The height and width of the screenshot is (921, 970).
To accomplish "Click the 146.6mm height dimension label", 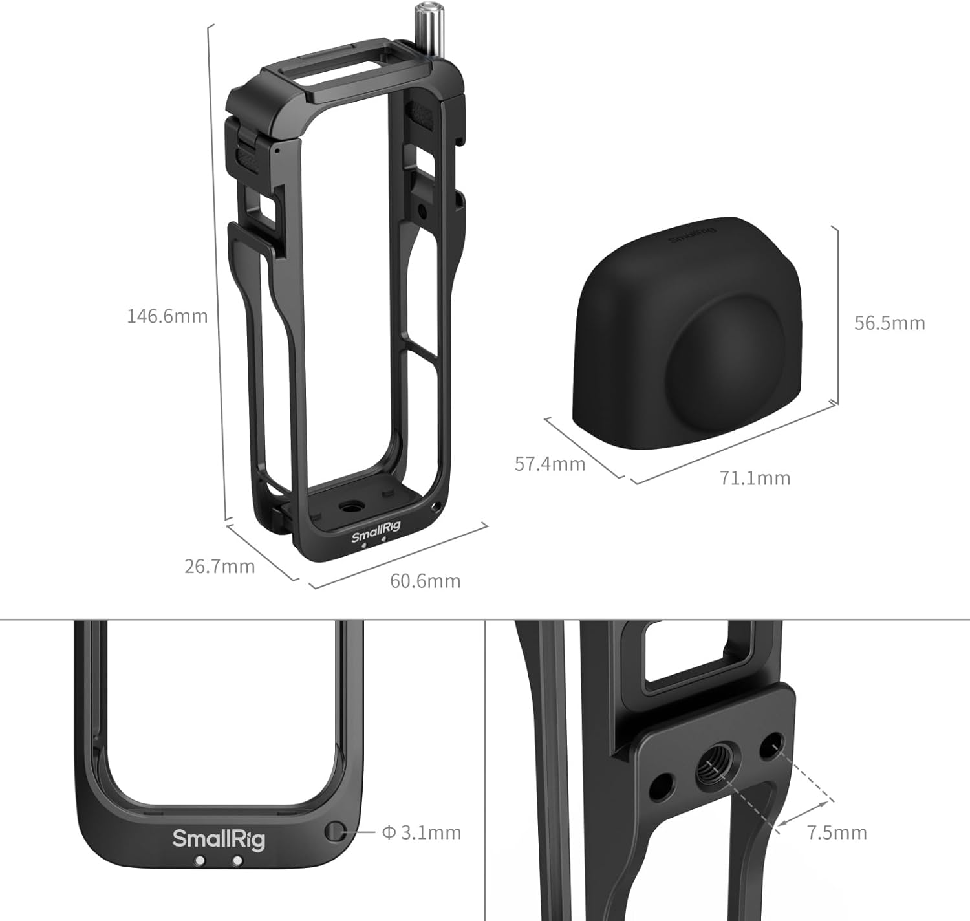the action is pyautogui.click(x=167, y=316).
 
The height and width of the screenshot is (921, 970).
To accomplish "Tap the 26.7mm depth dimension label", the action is pyautogui.click(x=220, y=567).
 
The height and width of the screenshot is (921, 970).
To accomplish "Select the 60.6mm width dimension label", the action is pyautogui.click(x=426, y=581).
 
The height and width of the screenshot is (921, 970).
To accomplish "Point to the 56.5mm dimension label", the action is pyautogui.click(x=890, y=323).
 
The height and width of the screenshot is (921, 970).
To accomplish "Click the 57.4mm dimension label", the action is pyautogui.click(x=550, y=464).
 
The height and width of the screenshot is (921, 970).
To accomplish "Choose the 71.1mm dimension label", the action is pyautogui.click(x=755, y=478).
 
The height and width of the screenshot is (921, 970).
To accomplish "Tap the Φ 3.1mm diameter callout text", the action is pyautogui.click(x=422, y=832).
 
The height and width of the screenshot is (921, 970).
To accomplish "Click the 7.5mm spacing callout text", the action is pyautogui.click(x=837, y=832).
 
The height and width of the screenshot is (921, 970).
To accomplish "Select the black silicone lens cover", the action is pyautogui.click(x=687, y=333).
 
